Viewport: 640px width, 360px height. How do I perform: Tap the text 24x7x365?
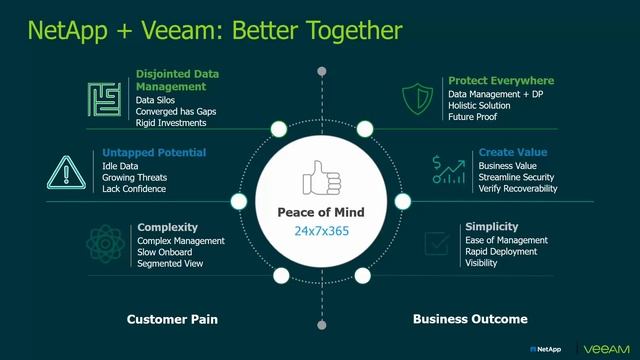[x=320, y=232]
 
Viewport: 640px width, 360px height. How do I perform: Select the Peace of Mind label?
[x=320, y=213]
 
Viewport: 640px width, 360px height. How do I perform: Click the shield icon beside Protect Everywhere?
[x=418, y=98]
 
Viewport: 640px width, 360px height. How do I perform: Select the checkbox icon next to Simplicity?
[x=436, y=243]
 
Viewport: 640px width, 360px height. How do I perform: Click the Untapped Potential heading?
[x=154, y=153]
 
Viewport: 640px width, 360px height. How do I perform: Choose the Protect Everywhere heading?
[x=501, y=80]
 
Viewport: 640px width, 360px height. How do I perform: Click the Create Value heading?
[x=513, y=153]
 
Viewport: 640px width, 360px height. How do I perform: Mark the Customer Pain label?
[x=172, y=320]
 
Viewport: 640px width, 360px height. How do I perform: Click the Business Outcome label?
[x=470, y=320]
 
